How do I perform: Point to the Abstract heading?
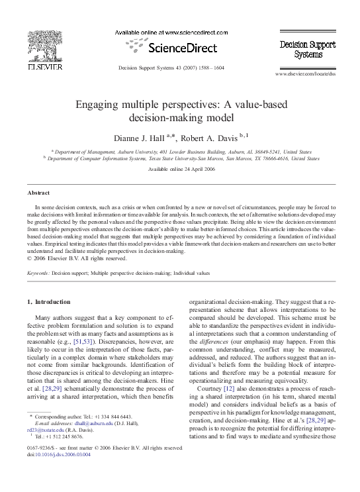point(38,192)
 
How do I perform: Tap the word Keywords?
point(38,272)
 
